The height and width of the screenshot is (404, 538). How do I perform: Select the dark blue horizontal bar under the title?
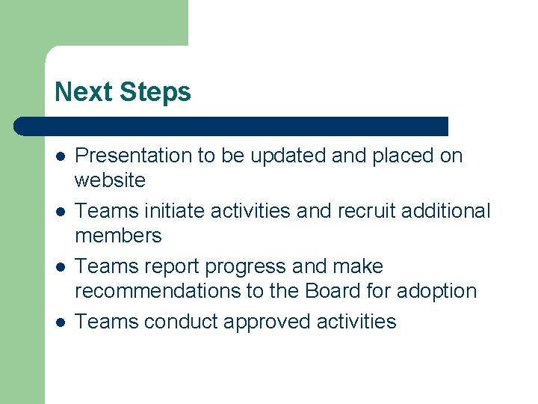tap(232, 126)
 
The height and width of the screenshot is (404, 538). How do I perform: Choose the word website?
tap(111, 180)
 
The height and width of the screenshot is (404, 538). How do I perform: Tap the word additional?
tap(446, 211)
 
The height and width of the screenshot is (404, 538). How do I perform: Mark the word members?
tap(118, 236)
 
